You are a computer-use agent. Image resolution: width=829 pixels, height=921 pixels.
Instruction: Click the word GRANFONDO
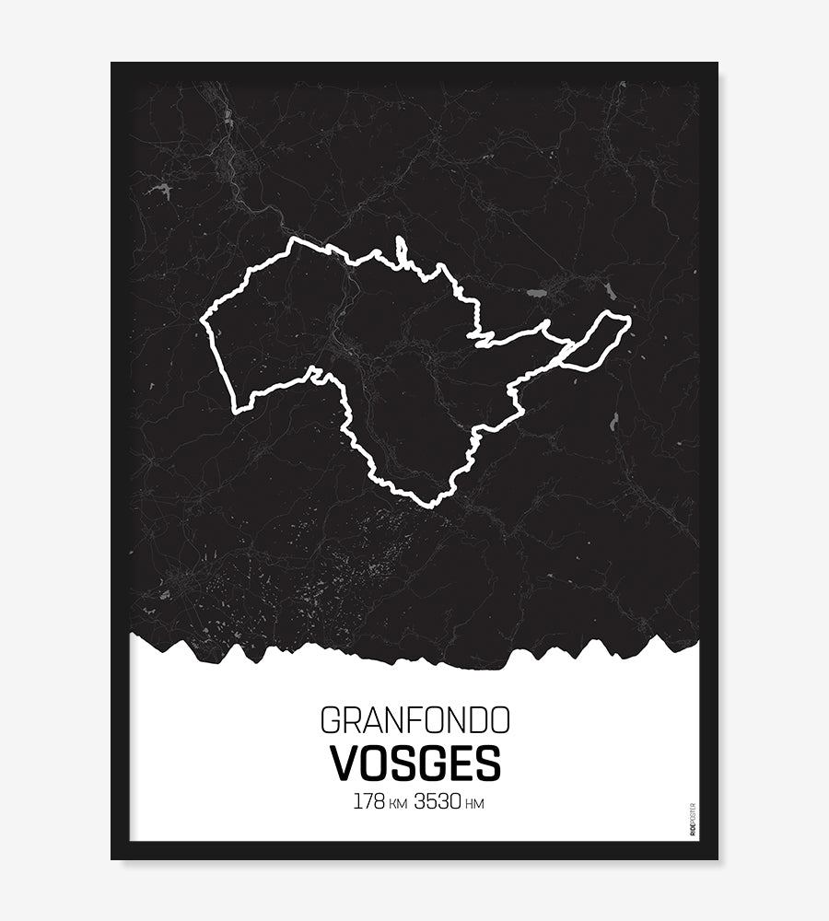[x=414, y=718]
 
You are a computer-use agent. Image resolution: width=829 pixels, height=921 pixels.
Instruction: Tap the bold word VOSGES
[x=414, y=763]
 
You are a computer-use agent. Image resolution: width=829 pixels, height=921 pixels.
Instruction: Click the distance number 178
[x=368, y=801]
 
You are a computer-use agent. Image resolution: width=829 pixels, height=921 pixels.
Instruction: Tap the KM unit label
[x=398, y=804]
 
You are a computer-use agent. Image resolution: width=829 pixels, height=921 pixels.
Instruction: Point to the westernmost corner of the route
[x=203, y=321]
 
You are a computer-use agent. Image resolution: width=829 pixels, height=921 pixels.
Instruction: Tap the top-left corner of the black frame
[x=112, y=64]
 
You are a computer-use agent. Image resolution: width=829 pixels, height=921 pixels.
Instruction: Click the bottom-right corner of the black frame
[x=717, y=858]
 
